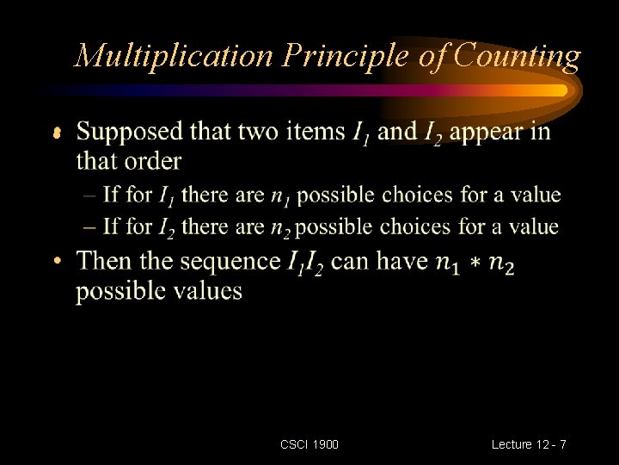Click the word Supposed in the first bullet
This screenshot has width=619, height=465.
click(130, 133)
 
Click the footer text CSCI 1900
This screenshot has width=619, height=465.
click(309, 444)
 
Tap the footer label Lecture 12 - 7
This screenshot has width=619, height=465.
click(529, 444)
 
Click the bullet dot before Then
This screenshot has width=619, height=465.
click(58, 261)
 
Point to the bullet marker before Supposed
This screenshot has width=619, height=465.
click(57, 133)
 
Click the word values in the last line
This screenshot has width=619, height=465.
click(206, 290)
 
